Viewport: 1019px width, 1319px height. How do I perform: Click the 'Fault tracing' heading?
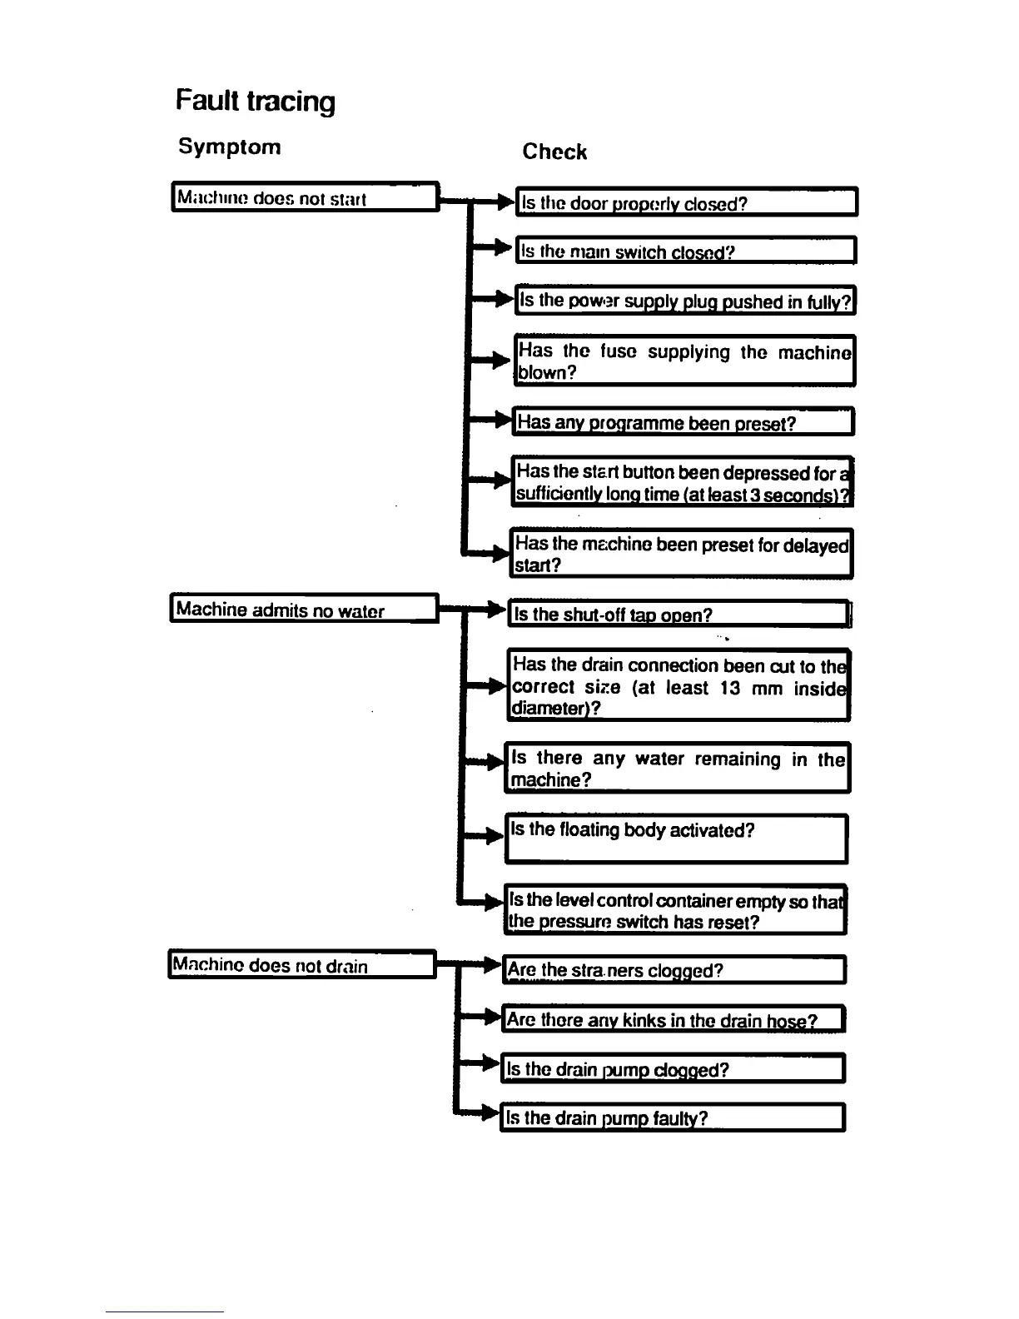[256, 102]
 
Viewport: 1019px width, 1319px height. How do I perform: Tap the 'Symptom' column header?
[230, 147]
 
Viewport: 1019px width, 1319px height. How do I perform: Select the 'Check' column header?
[554, 152]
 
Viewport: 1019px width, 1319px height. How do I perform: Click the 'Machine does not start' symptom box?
[305, 198]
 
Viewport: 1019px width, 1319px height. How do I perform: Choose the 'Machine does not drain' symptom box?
[301, 965]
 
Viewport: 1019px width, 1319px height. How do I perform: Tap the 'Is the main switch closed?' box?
[686, 251]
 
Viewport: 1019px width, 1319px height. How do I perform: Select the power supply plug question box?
[685, 301]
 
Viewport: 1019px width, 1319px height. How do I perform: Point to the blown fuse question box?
[684, 361]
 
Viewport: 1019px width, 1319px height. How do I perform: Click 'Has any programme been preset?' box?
[683, 422]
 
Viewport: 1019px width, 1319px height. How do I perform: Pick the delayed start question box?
[681, 554]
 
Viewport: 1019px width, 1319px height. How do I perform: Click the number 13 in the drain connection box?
[730, 688]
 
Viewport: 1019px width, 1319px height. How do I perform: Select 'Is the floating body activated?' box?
[676, 839]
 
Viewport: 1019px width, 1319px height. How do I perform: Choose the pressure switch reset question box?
[675, 910]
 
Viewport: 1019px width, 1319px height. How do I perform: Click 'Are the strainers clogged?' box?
[674, 970]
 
